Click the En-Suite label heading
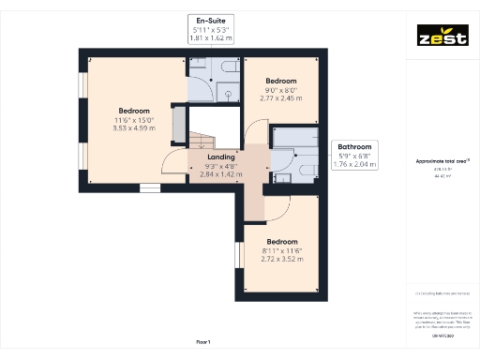click(x=210, y=20)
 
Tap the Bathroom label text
click(x=355, y=147)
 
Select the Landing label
click(x=221, y=157)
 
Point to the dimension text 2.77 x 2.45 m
click(x=281, y=98)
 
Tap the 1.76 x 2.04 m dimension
click(x=355, y=164)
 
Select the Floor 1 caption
click(x=203, y=341)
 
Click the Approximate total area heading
click(x=442, y=161)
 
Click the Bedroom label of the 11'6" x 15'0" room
click(x=133, y=111)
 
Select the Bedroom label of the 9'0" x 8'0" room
click(x=281, y=81)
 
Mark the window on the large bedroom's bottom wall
click(x=150, y=187)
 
